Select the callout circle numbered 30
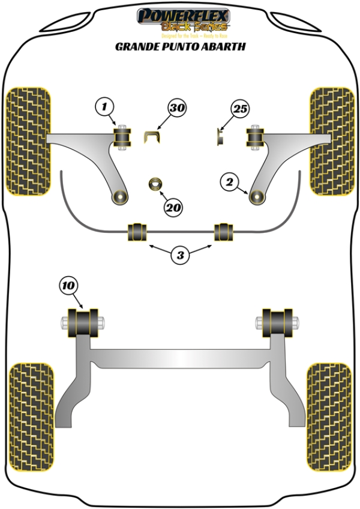click(176, 109)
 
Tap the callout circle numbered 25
click(240, 109)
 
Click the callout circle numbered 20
click(173, 208)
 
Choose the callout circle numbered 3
click(179, 256)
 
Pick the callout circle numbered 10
click(68, 286)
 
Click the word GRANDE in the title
click(133, 46)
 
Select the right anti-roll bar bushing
click(224, 232)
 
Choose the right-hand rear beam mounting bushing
click(277, 322)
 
